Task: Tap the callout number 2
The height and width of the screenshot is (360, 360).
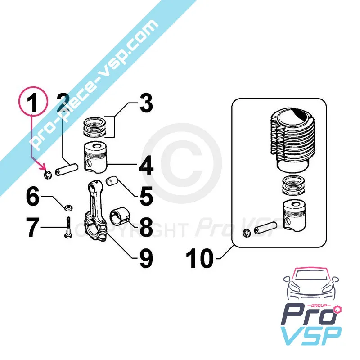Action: click(63, 103)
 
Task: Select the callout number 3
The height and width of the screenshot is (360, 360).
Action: click(145, 103)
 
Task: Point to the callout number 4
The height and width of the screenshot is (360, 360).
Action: click(145, 166)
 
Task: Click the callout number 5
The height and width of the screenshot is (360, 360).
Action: click(146, 196)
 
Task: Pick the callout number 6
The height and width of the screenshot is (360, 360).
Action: click(33, 197)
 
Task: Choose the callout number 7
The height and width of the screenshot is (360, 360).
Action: click(33, 228)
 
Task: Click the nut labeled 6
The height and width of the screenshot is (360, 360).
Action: click(68, 207)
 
